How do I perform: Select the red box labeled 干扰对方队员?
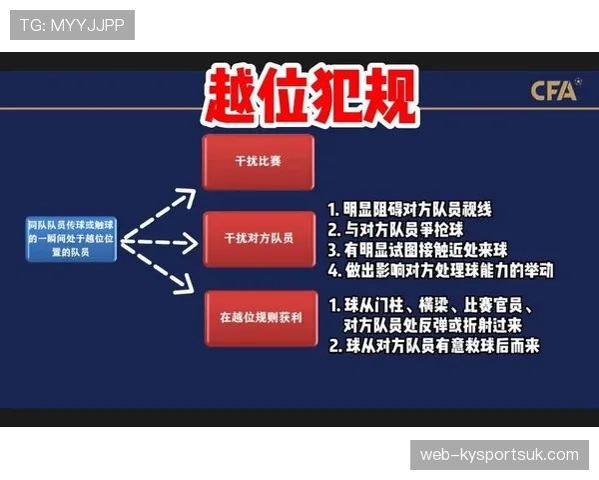[x=258, y=239]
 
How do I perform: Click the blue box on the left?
[x=72, y=240]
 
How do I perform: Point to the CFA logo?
[x=554, y=91]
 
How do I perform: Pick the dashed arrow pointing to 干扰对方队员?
[x=158, y=242]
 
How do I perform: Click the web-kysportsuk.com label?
[x=499, y=455]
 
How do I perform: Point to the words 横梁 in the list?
[x=425, y=305]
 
